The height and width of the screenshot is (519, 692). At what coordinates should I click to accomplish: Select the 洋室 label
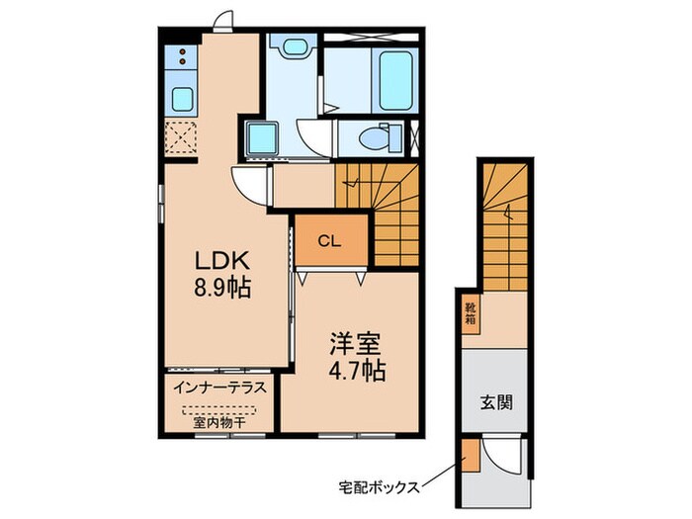[x=350, y=345]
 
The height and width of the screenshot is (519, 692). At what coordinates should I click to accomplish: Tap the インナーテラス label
[x=219, y=388]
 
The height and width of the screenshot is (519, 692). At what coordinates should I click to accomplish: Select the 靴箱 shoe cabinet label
[x=471, y=313]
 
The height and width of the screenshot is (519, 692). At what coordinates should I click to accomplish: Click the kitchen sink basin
[x=183, y=98]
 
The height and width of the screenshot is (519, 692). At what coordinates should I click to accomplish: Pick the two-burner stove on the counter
[x=183, y=58]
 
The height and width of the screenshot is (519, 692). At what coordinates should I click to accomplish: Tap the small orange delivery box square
[x=470, y=456]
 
